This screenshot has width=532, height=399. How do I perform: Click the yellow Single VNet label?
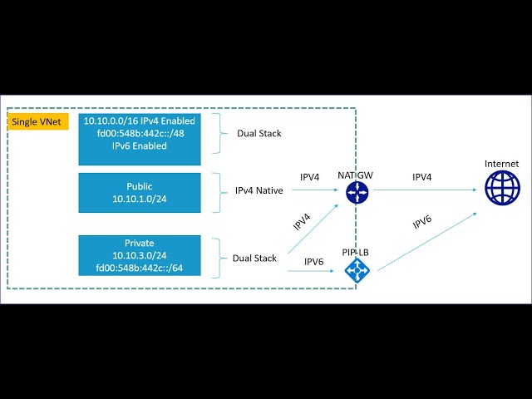click(x=31, y=122)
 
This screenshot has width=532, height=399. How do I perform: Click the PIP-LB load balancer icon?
click(x=357, y=269)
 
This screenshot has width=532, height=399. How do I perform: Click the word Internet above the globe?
click(x=501, y=164)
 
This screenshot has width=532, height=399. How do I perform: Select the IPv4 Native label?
click(x=259, y=190)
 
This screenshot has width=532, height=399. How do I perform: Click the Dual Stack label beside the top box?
click(x=259, y=133)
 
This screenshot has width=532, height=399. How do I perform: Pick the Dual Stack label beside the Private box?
click(x=254, y=259)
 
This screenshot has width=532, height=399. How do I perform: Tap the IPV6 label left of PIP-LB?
click(x=314, y=262)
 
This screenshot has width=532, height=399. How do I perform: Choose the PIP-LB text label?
click(x=356, y=250)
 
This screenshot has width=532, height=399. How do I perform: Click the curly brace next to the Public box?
click(x=218, y=190)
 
